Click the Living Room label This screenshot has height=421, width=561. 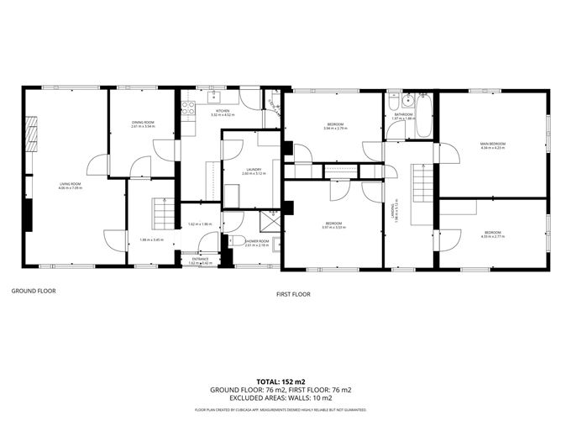(70, 184)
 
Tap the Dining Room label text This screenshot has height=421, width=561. (143, 123)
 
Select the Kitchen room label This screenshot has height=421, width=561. (223, 111)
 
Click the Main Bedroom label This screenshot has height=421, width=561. (492, 144)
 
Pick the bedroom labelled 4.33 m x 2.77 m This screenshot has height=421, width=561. (492, 234)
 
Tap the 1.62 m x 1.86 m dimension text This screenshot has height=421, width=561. (199, 224)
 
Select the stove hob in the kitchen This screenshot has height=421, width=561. (189, 107)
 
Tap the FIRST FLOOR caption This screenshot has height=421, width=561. (294, 294)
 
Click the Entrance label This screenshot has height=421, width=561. (200, 259)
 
